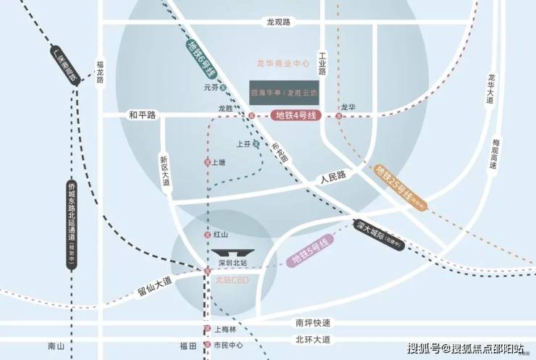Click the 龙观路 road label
point(277,22)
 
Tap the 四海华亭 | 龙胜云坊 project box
point(284,93)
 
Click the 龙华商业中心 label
point(283,64)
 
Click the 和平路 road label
point(143,114)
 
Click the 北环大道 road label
point(313,339)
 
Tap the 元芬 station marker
point(224,88)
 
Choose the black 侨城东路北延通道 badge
point(71,225)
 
